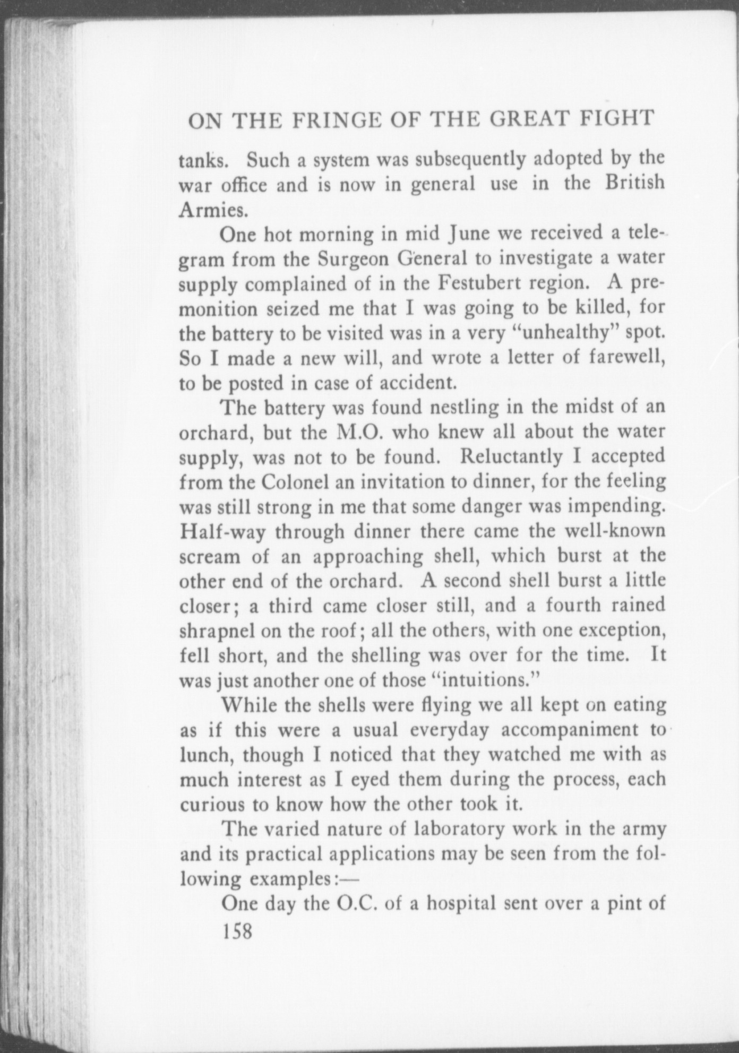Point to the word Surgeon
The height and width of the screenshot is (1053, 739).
(362, 259)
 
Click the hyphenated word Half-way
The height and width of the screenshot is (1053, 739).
(222, 531)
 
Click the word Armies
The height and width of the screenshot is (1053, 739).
(213, 210)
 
